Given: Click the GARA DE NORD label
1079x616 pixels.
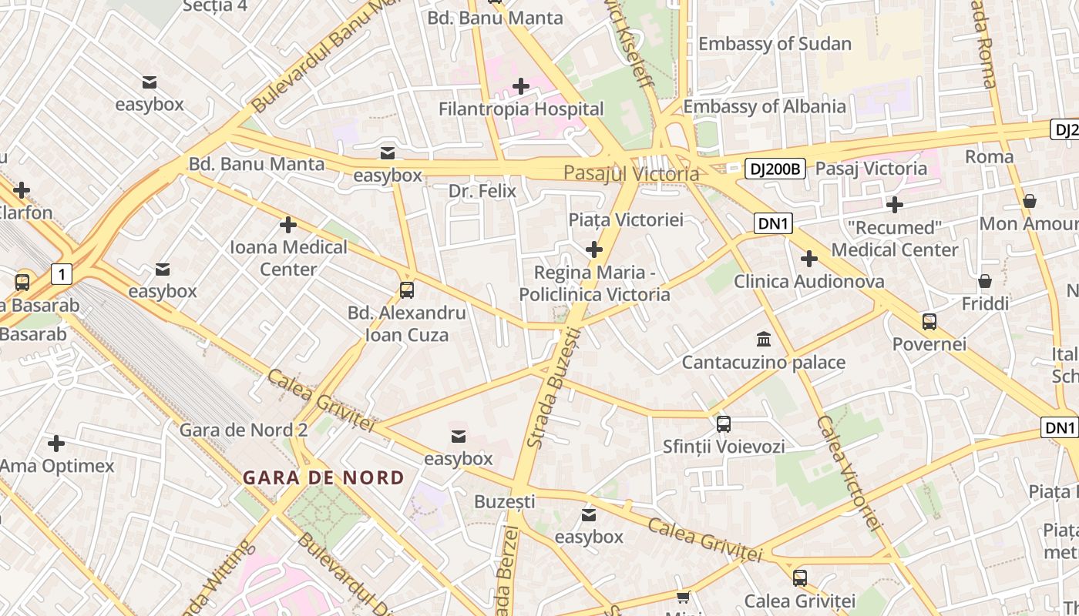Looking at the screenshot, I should click(323, 477).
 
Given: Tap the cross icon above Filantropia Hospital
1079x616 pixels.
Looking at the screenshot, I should click(521, 86).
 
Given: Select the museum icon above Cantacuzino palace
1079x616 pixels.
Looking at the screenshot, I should click(764, 339).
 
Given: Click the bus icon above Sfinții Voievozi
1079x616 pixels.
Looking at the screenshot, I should click(724, 423).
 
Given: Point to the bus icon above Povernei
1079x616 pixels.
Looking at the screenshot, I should click(929, 321).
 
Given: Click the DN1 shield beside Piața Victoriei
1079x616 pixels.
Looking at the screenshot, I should click(773, 223).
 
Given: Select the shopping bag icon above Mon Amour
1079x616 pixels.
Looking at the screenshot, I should click(1030, 201).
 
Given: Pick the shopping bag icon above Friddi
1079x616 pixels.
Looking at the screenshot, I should click(985, 281).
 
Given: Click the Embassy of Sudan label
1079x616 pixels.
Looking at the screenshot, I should click(775, 44).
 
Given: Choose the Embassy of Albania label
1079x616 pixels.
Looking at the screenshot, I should click(765, 106).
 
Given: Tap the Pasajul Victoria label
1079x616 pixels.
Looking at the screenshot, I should click(631, 173).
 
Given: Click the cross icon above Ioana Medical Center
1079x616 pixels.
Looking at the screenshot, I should click(288, 225).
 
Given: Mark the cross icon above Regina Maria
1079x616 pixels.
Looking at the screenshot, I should click(594, 249).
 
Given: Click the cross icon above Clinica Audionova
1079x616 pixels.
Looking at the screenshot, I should click(808, 259).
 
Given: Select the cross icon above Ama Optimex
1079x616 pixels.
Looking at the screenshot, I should click(56, 444).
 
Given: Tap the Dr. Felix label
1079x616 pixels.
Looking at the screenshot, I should click(482, 190).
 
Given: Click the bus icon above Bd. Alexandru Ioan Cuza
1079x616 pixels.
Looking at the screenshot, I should click(407, 290).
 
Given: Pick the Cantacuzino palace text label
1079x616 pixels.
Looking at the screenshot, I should click(764, 362).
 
